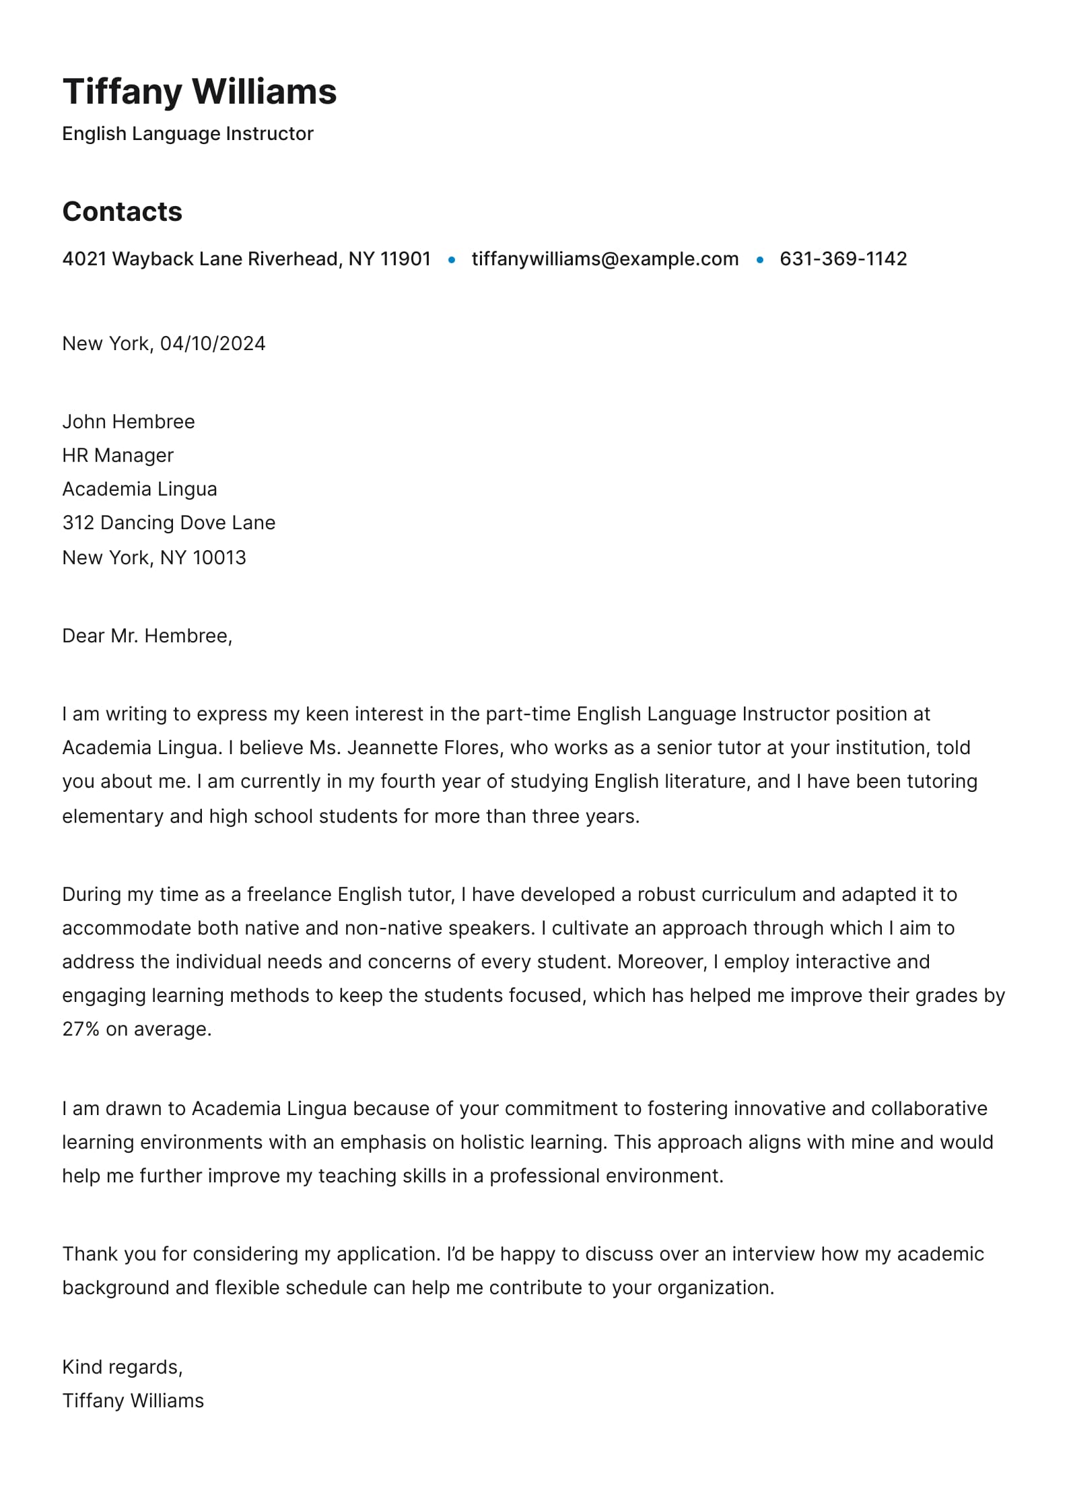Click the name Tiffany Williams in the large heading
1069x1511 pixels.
199,92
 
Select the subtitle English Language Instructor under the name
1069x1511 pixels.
188,133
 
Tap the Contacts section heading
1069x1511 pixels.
122,211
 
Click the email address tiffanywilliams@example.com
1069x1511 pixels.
605,259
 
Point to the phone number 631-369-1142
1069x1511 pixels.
843,259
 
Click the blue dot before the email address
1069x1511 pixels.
451,259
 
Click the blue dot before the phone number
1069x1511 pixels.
759,259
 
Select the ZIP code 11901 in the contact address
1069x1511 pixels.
405,259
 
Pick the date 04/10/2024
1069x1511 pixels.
213,344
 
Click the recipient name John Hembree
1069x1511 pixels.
129,422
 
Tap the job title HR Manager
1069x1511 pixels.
118,455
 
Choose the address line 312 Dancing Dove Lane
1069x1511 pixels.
169,523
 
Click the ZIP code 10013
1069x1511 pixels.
219,558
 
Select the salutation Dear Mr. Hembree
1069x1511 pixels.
147,636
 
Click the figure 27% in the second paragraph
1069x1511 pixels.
81,1029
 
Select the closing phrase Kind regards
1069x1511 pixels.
122,1367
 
